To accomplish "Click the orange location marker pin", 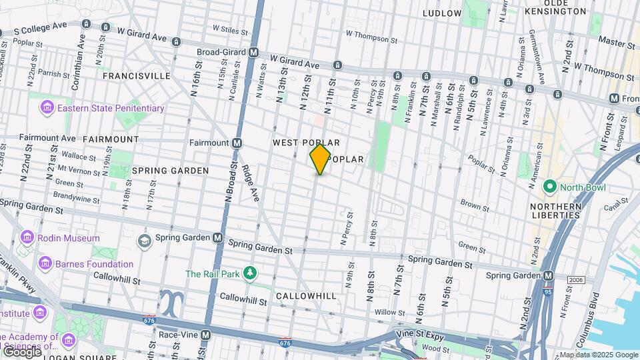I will tap(320, 159).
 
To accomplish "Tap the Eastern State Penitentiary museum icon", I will tap(47, 107).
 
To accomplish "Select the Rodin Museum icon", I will tap(27, 238).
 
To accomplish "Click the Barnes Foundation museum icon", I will tap(45, 264).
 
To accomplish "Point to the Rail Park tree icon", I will tap(250, 273).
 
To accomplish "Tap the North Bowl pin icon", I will tap(549, 187).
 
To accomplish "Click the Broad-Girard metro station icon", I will tap(254, 52).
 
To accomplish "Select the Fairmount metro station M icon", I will tap(237, 143).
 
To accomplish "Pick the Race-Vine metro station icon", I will tap(206, 335).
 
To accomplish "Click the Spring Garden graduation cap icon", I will tap(143, 239).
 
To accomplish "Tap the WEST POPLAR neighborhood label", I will tap(307, 143).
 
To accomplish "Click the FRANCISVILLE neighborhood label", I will tap(137, 76).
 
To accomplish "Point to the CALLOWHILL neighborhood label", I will tap(306, 295).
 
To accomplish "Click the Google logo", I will tap(22, 351).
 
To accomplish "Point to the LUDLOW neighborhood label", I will tap(442, 13).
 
